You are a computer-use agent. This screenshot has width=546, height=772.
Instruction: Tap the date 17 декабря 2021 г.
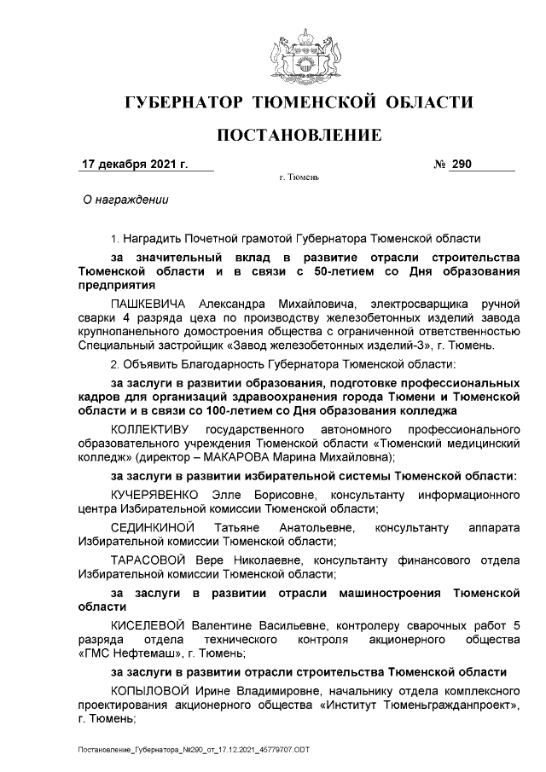coord(134,163)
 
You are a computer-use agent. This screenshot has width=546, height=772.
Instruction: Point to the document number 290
coord(462,163)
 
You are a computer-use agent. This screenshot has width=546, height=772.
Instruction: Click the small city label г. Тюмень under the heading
coord(299,179)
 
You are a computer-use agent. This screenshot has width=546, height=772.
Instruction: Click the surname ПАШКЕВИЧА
coord(148,303)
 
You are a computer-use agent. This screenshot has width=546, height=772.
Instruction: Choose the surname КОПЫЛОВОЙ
coord(151,688)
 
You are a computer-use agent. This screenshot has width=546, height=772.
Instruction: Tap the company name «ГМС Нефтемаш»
coord(128,654)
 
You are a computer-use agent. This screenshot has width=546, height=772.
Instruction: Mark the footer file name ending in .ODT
coord(189,748)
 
